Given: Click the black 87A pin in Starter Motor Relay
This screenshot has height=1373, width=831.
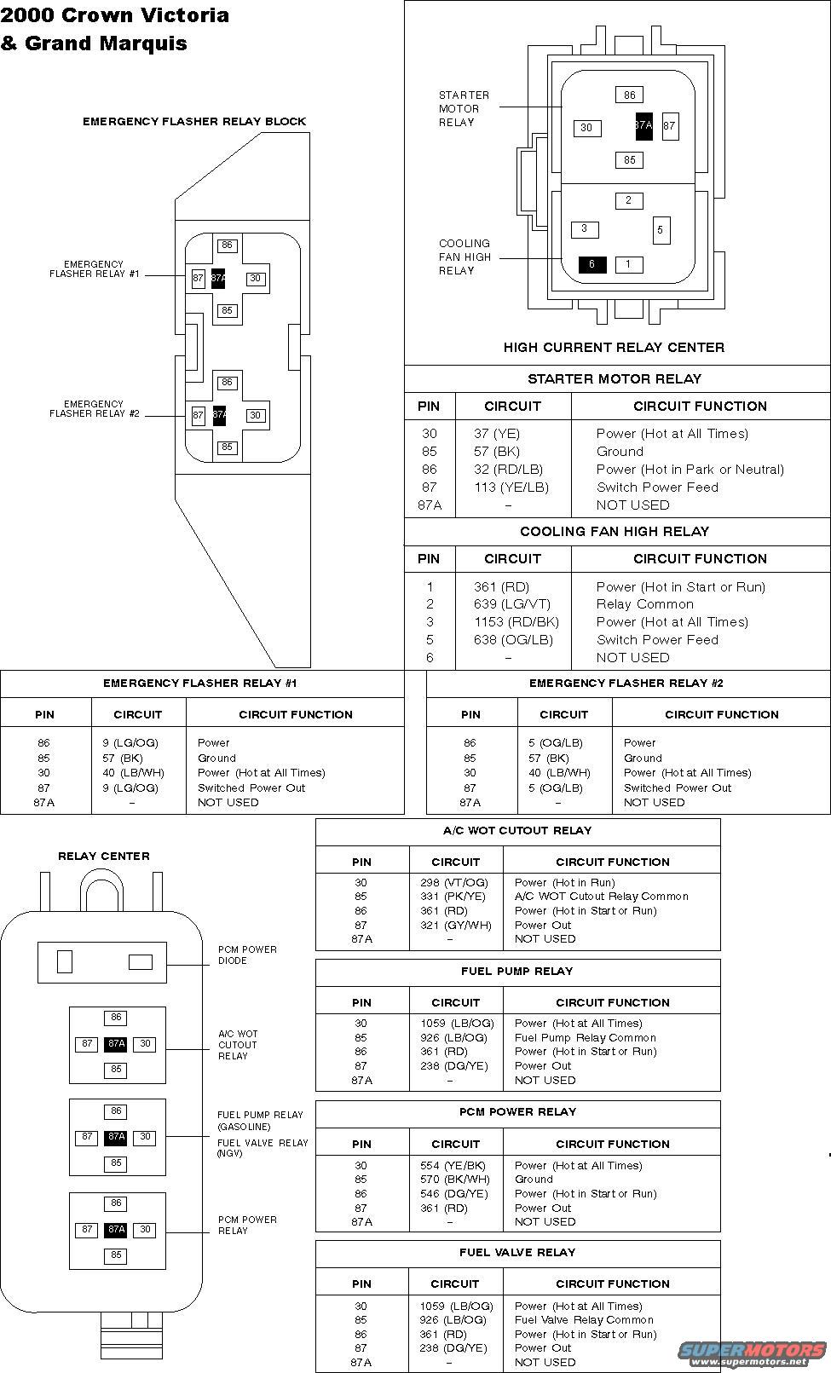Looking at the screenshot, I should pyautogui.click(x=643, y=125).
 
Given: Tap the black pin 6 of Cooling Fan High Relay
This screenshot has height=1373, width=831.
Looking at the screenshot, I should pyautogui.click(x=592, y=264).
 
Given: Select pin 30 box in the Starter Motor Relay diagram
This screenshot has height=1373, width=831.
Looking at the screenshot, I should pyautogui.click(x=586, y=128).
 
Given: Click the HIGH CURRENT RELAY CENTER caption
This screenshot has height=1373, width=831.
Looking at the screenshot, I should pyautogui.click(x=614, y=348).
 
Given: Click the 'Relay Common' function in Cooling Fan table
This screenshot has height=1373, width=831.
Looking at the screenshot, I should pyautogui.click(x=644, y=604).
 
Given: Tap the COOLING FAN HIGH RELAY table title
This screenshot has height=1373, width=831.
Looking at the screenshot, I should pyautogui.click(x=615, y=532).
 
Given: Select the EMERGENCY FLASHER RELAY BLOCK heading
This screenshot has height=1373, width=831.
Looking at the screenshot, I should pyautogui.click(x=194, y=122).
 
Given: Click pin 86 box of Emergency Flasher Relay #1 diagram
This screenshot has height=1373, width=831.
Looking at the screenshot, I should pyautogui.click(x=227, y=245).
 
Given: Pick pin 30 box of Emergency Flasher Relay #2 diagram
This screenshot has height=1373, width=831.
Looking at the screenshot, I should pyautogui.click(x=255, y=415).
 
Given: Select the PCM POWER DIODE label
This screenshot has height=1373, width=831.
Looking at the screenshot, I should pyautogui.click(x=247, y=955).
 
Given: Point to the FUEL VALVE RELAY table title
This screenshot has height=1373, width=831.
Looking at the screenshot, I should pyautogui.click(x=517, y=1253).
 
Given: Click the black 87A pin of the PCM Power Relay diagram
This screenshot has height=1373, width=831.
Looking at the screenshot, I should pyautogui.click(x=116, y=1230).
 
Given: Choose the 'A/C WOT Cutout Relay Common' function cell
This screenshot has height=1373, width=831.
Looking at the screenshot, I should pyautogui.click(x=601, y=897).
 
